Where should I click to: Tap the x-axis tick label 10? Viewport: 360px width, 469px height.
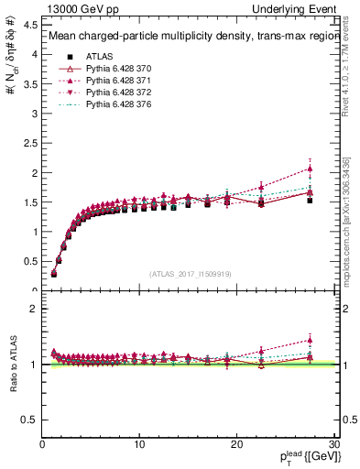click(x=139, y=444)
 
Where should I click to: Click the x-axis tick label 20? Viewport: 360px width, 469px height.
click(x=237, y=444)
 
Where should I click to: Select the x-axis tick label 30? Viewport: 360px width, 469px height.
click(x=333, y=444)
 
